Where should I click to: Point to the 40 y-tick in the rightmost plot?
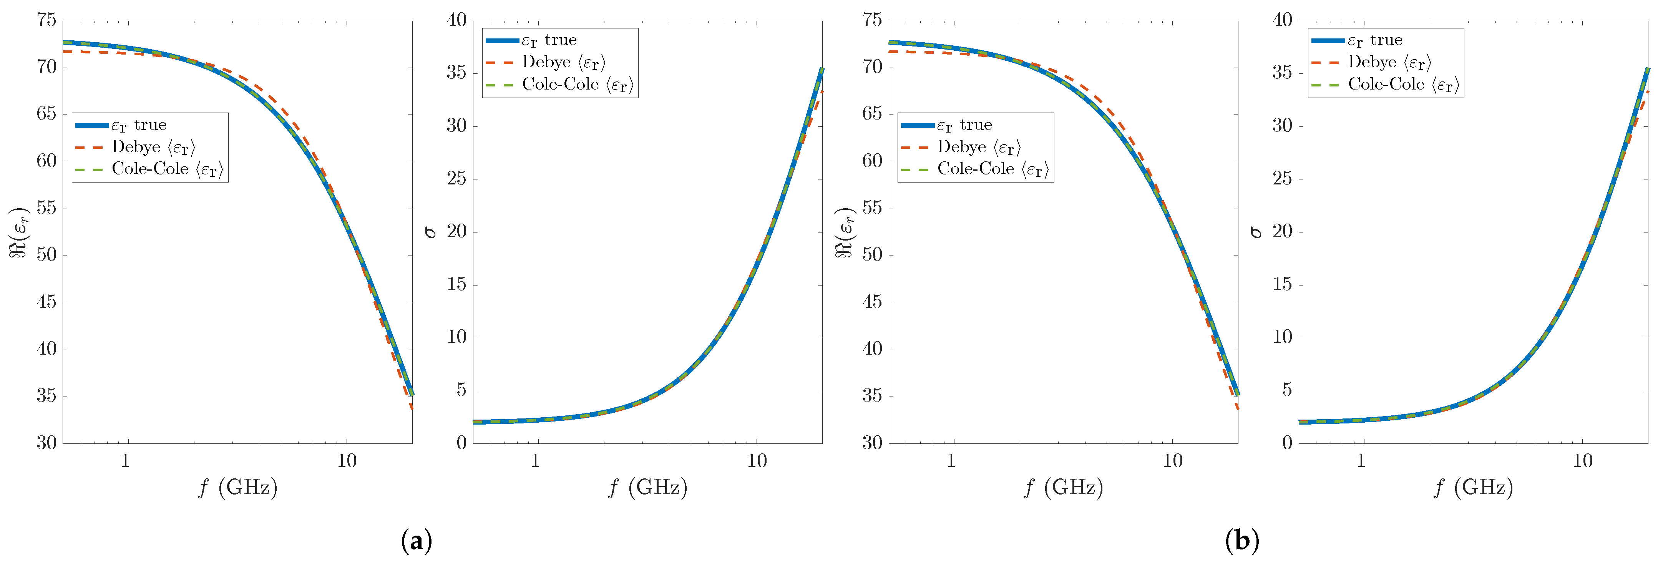point(1282,21)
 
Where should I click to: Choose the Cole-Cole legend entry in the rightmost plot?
point(1404,84)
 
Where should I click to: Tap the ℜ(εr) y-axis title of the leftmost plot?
point(19,232)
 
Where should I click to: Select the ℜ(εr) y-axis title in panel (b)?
point(845,232)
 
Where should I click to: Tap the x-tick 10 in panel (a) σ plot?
point(757,461)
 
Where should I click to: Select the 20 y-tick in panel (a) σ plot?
point(456,232)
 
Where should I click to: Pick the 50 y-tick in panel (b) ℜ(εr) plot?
point(872,255)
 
